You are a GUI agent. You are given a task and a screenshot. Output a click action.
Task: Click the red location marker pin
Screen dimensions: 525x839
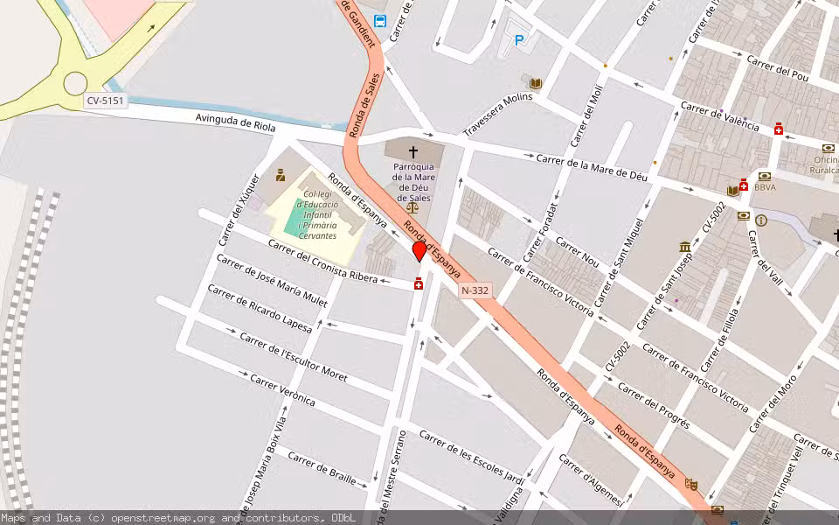point(419,251)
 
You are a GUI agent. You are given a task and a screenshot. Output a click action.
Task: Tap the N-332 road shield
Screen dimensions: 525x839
point(475,290)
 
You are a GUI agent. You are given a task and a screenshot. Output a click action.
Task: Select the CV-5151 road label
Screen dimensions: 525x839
point(106,101)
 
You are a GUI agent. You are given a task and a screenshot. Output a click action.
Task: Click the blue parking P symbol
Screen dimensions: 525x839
point(519,40)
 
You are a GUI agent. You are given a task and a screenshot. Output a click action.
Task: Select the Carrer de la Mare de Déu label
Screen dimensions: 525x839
point(592,167)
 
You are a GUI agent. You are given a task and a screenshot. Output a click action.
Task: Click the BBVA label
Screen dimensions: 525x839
point(765,186)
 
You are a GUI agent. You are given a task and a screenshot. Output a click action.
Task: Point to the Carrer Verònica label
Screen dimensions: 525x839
point(282,389)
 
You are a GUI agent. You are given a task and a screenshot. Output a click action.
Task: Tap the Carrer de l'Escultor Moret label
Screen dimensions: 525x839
point(293,358)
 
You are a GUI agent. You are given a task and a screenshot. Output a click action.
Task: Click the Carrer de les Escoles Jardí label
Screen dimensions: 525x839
point(471,455)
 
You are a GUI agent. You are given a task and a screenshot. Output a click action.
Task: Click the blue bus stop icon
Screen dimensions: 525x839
point(379,21)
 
